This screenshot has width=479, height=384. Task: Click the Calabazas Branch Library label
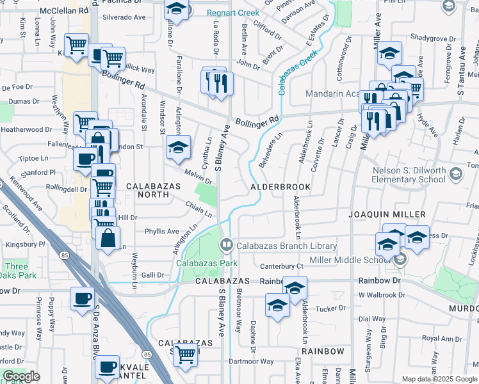pyautogui.click(x=287, y=246)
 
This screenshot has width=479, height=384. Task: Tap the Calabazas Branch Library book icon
pyautogui.click(x=226, y=245)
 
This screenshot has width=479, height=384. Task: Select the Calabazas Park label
pyautogui.click(x=208, y=263)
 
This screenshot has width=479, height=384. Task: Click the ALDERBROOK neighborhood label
pyautogui.click(x=280, y=187)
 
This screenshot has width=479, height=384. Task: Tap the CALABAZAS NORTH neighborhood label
pyautogui.click(x=153, y=191)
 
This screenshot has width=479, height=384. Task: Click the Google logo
pyautogui.click(x=21, y=376)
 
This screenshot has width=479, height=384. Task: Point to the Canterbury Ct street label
pyautogui.click(x=281, y=266)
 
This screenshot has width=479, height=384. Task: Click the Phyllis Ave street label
pyautogui.click(x=162, y=231)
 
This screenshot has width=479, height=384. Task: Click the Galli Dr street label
pyautogui.click(x=152, y=275)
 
